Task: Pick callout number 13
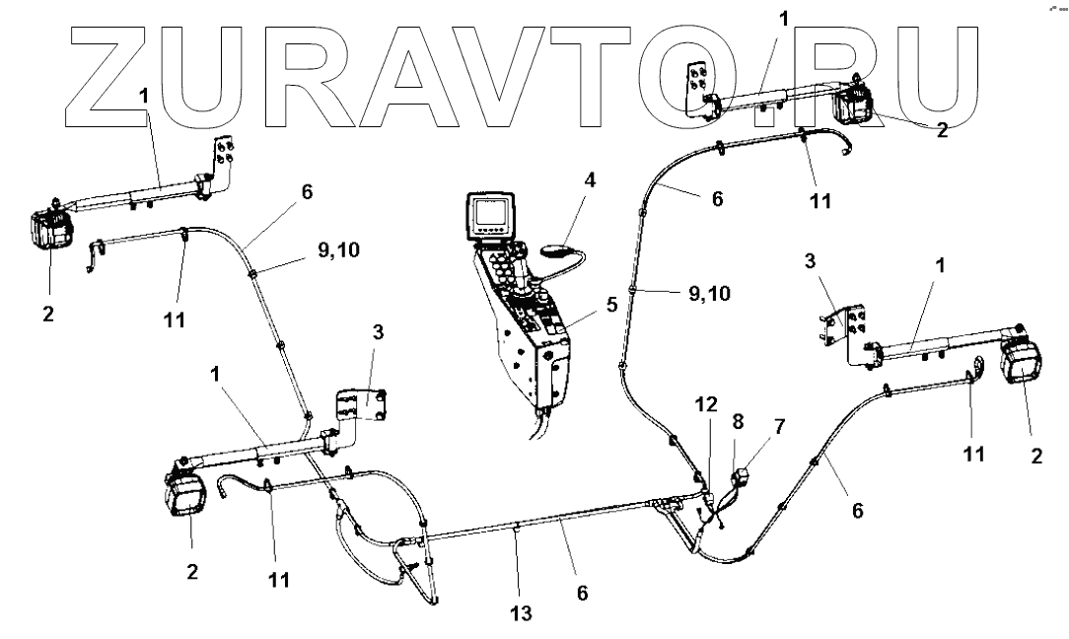coord(521,613)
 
